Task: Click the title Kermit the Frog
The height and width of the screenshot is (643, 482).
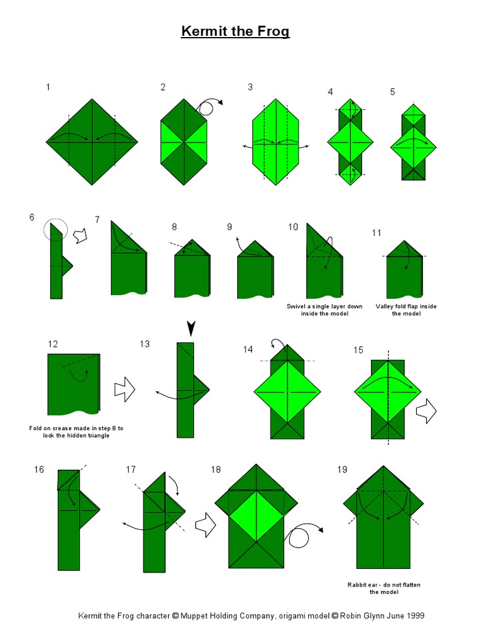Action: (235, 31)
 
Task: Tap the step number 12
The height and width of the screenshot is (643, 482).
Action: (53, 343)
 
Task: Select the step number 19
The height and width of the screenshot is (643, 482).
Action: (342, 470)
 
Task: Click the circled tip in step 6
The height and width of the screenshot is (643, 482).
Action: (56, 230)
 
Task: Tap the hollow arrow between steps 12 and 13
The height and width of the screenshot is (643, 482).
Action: (124, 389)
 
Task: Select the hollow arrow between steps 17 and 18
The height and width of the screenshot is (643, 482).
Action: (205, 525)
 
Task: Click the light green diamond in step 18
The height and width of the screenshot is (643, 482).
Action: (256, 516)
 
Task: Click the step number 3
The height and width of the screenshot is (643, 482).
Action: (250, 87)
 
